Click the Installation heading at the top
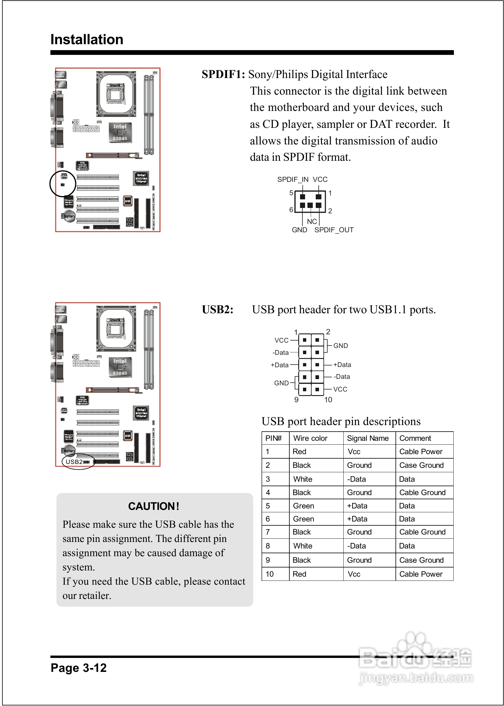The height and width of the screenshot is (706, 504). point(87,40)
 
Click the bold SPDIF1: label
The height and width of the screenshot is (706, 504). point(223,74)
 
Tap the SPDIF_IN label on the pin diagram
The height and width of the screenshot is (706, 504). point(293,179)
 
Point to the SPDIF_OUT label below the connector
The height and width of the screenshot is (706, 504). point(334,230)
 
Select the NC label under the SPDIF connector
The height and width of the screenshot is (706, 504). point(312,221)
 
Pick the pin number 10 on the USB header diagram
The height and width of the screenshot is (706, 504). point(328,400)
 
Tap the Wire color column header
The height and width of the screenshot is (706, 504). point(310,438)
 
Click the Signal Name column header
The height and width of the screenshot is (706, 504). point(367,438)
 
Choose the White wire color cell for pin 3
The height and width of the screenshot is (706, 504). point(303,479)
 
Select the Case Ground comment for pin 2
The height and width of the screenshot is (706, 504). point(421,465)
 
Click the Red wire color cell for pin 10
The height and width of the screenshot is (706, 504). point(299,574)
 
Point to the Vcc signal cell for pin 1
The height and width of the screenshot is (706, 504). point(354,452)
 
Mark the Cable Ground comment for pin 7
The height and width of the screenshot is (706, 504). point(422,532)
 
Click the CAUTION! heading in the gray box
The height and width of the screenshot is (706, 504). point(154,506)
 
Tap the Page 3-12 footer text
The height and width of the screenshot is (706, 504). point(79,668)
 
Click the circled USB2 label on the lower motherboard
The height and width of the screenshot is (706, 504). point(74,462)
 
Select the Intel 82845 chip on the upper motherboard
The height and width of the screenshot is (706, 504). point(120,133)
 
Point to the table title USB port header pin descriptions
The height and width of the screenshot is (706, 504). point(341,422)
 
